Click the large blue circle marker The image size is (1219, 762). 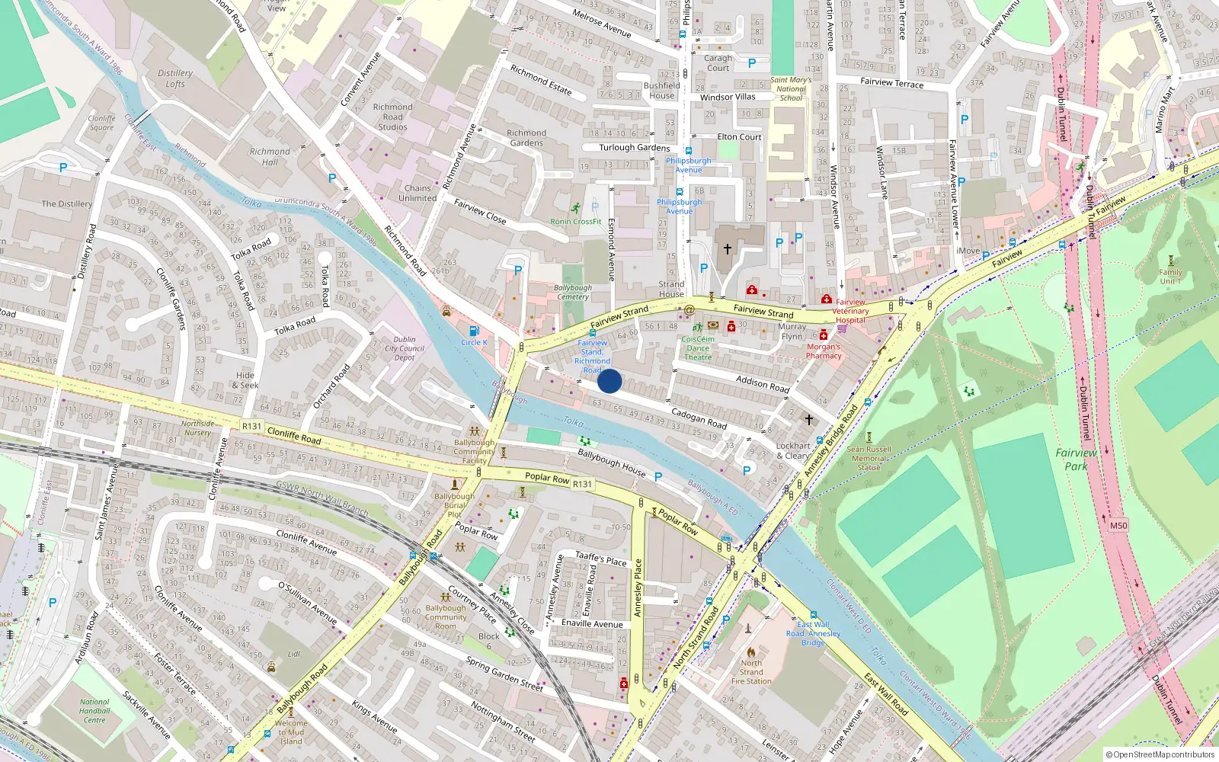click(609, 381)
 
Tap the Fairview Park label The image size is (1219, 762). click(1076, 459)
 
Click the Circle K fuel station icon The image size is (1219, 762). click(474, 331)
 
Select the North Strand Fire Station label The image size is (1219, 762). click(751, 672)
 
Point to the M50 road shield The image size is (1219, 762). click(1118, 526)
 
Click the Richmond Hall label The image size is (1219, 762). click(270, 157)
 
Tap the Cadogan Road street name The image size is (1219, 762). click(699, 418)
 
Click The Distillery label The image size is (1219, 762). click(67, 204)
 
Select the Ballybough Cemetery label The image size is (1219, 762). click(573, 293)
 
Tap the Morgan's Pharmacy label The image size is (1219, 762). click(824, 351)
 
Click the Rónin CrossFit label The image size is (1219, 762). click(576, 222)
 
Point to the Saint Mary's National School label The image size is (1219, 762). click(791, 89)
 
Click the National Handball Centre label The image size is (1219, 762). click(94, 711)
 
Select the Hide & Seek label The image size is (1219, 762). click(245, 380)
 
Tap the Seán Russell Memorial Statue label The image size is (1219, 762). click(869, 459)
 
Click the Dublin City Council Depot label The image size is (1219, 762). click(405, 348)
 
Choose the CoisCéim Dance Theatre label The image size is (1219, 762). click(698, 348)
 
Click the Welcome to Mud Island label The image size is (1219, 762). click(291, 732)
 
